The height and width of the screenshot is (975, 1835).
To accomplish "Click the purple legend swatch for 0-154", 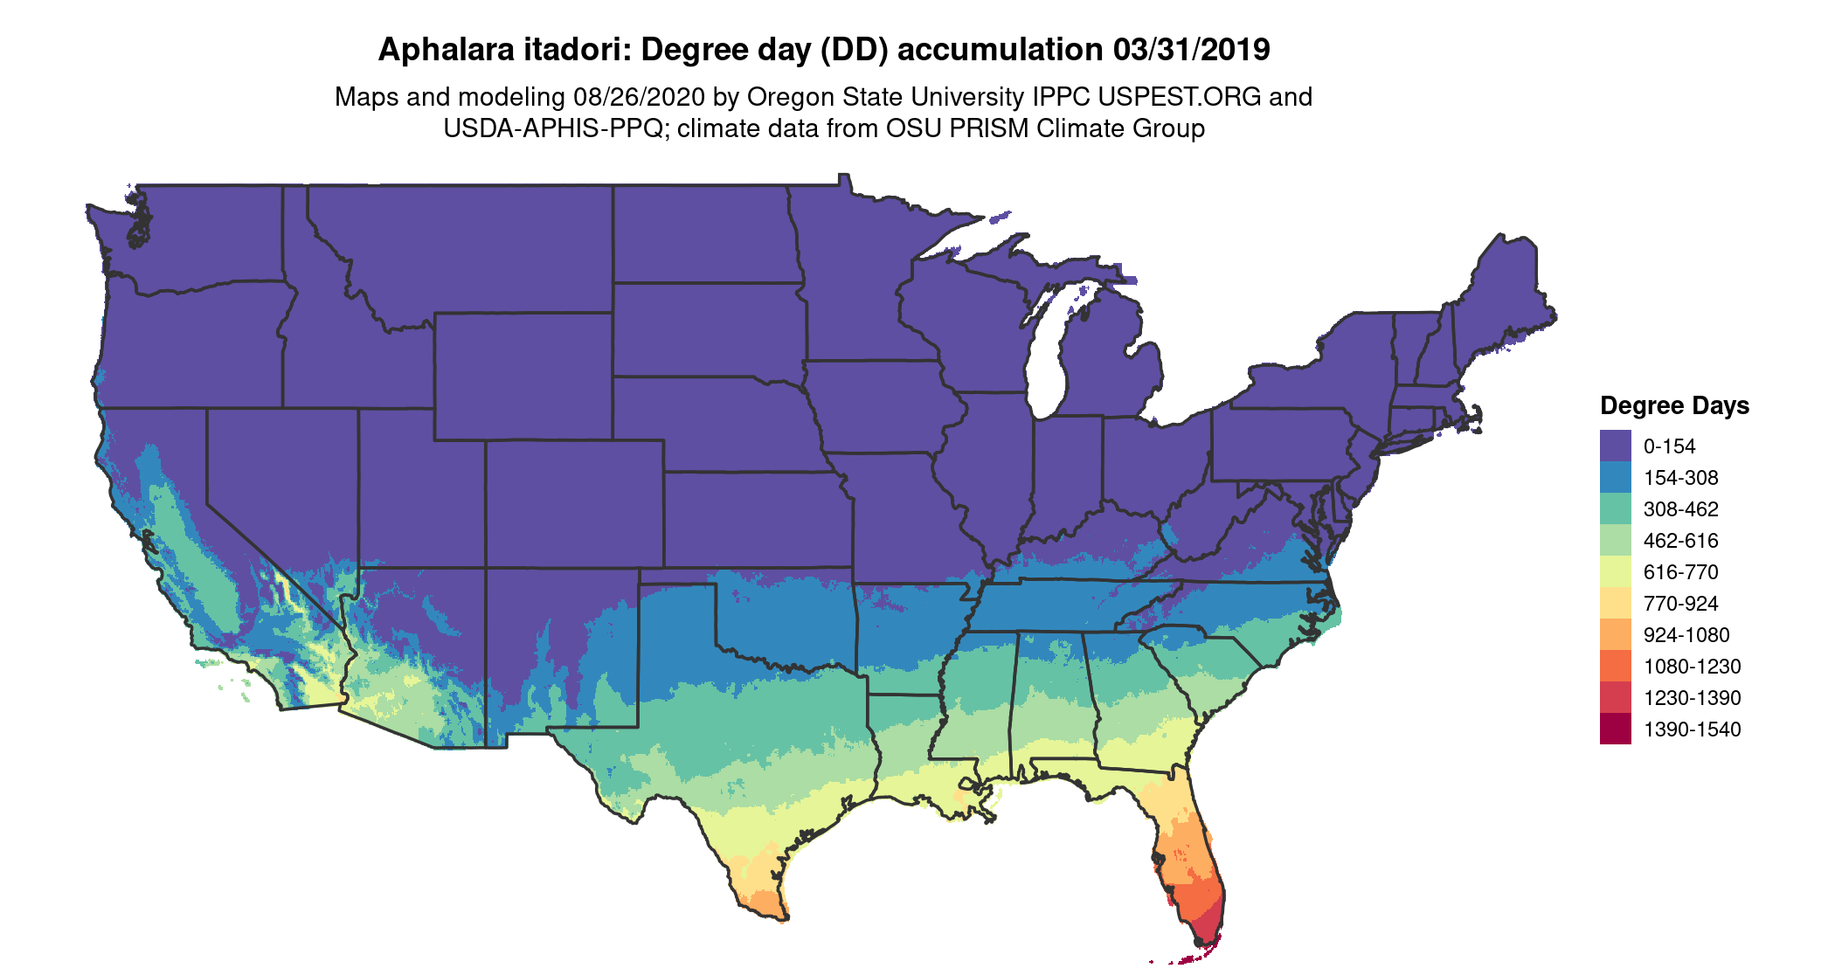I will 1615,446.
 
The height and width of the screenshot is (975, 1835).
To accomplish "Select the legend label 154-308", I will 1680,478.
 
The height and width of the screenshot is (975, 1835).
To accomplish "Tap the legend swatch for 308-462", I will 1615,508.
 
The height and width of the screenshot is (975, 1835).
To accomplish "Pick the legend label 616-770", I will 1680,572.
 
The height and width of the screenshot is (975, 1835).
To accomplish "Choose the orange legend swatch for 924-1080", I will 1615,634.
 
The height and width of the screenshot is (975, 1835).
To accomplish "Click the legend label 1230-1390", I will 1692,698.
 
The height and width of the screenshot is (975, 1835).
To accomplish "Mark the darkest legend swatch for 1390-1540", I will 1615,729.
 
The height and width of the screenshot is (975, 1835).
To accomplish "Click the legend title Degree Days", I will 1674,405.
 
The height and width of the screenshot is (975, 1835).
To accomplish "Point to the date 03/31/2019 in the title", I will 1191,50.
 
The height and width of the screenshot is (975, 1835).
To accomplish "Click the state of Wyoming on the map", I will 523,376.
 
